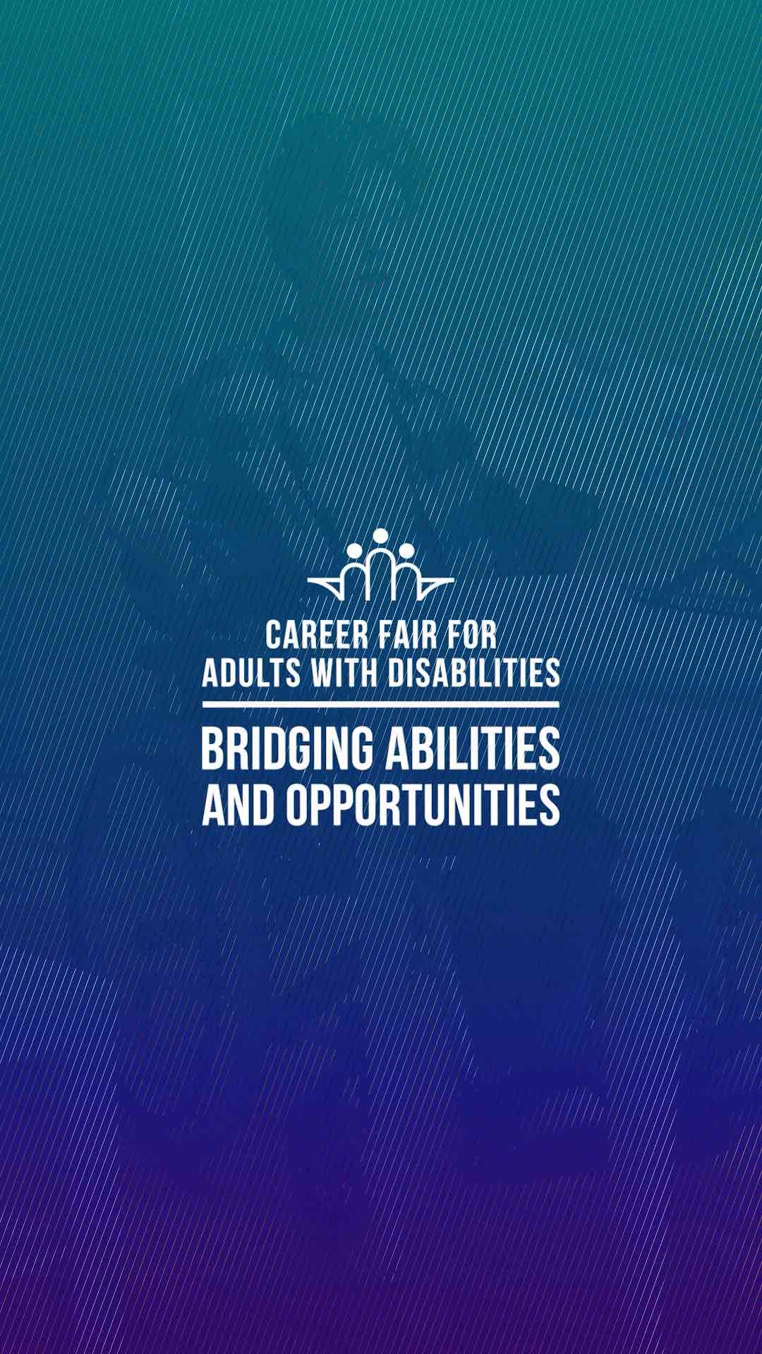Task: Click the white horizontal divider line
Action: coord(381,705)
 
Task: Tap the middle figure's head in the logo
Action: coord(381,537)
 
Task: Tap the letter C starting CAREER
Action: coord(274,635)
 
